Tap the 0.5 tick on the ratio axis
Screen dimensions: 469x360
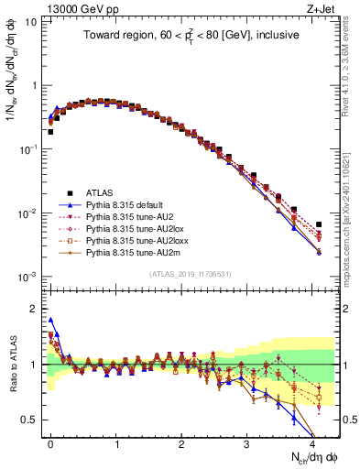(x=32, y=420)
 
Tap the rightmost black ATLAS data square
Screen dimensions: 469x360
(x=319, y=224)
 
